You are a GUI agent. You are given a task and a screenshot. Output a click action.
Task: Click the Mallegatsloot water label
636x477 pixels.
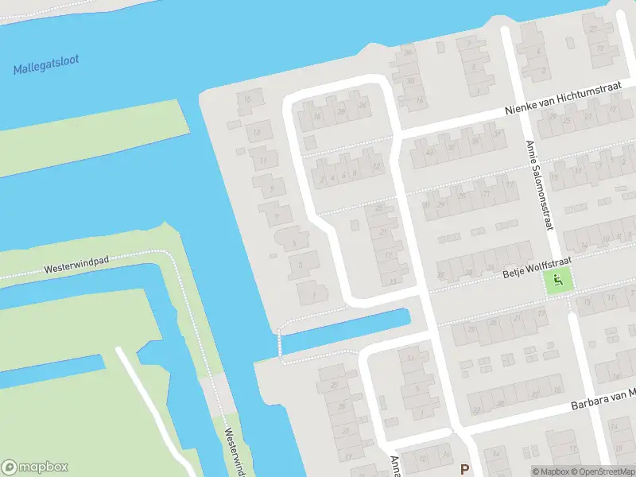(46, 65)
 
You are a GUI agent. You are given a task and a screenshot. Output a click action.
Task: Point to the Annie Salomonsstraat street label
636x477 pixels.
(538, 185)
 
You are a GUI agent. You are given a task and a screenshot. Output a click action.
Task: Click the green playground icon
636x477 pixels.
(559, 280)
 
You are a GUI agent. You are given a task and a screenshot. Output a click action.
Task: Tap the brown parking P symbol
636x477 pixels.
(465, 470)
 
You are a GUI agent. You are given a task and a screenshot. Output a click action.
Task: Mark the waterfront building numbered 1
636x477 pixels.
(312, 293)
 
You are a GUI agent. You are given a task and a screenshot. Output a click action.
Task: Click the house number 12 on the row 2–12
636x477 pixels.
(374, 166)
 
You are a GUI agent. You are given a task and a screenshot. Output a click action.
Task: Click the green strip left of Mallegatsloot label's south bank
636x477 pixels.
(95, 135)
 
